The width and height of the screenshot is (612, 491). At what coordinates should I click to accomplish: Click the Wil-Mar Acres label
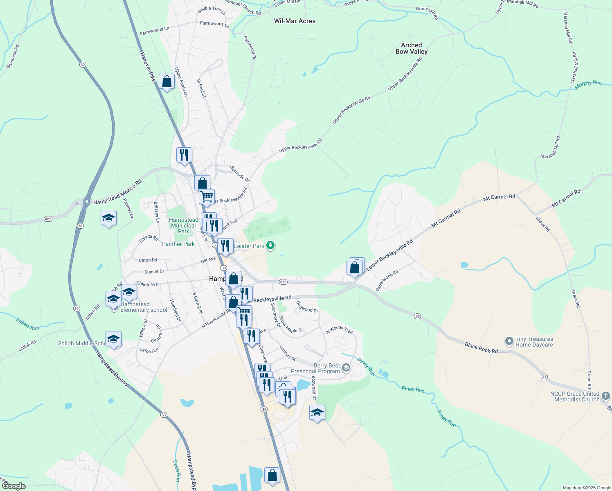[295, 21]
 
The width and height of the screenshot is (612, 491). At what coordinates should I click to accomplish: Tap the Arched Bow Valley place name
[411, 48]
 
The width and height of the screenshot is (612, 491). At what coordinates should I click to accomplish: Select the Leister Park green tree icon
[270, 245]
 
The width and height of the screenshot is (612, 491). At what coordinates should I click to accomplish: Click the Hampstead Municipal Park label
[184, 225]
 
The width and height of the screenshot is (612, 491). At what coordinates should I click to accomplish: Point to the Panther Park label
[178, 244]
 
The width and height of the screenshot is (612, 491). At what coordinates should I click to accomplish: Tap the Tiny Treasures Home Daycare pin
[509, 341]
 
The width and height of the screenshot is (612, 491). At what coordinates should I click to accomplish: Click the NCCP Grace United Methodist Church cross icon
[606, 396]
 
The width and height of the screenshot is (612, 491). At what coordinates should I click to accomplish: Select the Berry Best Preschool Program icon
[346, 368]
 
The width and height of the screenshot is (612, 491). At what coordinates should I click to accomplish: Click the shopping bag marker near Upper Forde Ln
[167, 82]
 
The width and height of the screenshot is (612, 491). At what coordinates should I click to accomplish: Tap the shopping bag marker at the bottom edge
[272, 475]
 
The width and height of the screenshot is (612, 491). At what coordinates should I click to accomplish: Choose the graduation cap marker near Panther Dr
[108, 218]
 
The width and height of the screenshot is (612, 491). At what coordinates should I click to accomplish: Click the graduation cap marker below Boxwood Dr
[317, 413]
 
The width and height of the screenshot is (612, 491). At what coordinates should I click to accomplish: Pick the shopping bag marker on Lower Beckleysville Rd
[355, 268]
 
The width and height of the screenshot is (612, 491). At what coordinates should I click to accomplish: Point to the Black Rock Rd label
[481, 348]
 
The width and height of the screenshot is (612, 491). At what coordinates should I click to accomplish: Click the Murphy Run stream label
[588, 83]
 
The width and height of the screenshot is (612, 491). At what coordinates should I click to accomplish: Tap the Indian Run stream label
[28, 323]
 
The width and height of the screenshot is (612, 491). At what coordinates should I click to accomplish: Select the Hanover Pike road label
[148, 67]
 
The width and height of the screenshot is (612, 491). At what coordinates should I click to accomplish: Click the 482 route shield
[48, 219]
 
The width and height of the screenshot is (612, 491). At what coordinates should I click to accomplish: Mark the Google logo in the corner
[13, 486]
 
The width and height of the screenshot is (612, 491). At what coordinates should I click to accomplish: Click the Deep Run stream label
[176, 471]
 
